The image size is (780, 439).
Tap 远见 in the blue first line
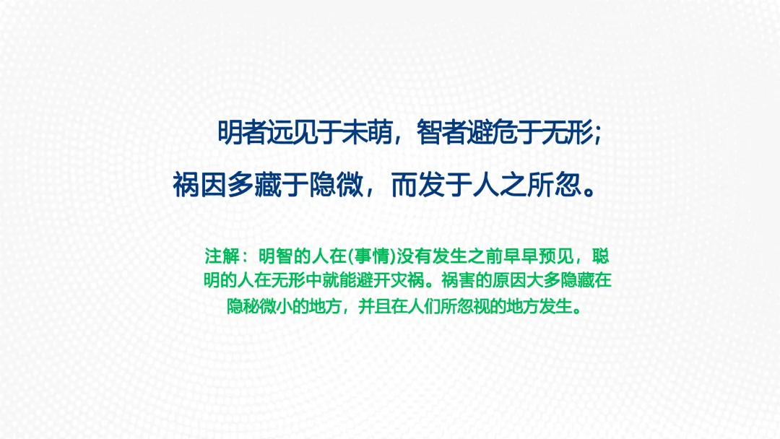point(292,133)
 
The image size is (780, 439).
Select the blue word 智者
point(441,133)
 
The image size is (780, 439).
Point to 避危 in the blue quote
point(491,133)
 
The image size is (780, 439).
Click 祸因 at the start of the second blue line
point(199,185)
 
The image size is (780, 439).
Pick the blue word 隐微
point(336,185)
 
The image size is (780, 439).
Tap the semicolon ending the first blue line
point(598,134)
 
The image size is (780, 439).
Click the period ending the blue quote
point(590,192)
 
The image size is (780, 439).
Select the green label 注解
point(221,256)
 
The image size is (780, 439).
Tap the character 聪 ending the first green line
point(601,256)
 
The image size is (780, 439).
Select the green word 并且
point(375,306)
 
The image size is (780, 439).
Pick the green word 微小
point(276,306)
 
